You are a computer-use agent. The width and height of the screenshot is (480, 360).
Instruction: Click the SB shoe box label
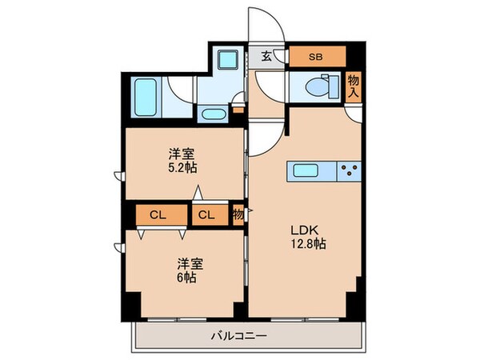(x=316, y=57)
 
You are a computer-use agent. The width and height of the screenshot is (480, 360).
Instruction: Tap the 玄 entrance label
(x=266, y=56)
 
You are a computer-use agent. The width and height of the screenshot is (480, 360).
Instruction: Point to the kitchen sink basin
(x=308, y=170)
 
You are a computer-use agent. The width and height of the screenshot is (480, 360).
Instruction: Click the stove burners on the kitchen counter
(x=350, y=170)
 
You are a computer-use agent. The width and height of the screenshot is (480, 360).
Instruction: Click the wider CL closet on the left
(x=156, y=214)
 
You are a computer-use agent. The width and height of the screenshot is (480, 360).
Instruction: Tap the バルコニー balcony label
(x=240, y=336)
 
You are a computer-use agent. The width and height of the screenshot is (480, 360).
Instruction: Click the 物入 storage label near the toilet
(x=354, y=86)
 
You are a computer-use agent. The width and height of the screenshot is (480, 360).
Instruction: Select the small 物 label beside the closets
(x=238, y=214)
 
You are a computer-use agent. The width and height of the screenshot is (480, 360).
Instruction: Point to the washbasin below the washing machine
(x=214, y=114)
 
